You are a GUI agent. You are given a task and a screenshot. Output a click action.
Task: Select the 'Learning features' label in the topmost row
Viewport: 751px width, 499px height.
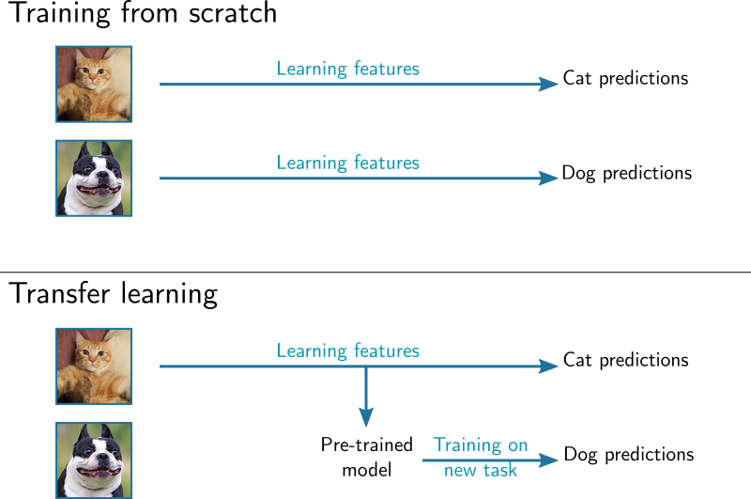(x=347, y=69)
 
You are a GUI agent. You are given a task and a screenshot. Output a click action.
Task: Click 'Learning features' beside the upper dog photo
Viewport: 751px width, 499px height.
(x=347, y=163)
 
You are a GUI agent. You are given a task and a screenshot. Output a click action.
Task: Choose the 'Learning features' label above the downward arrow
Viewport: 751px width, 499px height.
(x=347, y=351)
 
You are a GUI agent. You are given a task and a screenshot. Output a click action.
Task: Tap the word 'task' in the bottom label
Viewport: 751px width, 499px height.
(x=499, y=469)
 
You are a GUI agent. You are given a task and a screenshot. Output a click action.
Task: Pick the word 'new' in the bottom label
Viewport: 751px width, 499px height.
(x=460, y=470)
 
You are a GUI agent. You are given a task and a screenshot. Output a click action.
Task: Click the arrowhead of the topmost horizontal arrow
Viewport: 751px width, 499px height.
(x=550, y=85)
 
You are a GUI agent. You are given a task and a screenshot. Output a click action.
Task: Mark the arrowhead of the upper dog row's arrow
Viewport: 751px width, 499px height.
(x=550, y=179)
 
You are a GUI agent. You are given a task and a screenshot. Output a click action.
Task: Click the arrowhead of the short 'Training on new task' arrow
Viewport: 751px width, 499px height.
(x=550, y=460)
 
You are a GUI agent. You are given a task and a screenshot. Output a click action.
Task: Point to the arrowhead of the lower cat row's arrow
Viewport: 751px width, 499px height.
(x=550, y=366)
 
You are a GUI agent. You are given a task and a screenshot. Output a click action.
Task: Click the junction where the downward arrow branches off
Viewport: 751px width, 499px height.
(x=366, y=366)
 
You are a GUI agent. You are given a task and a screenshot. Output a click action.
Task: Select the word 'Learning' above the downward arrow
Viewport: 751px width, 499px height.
(x=308, y=351)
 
